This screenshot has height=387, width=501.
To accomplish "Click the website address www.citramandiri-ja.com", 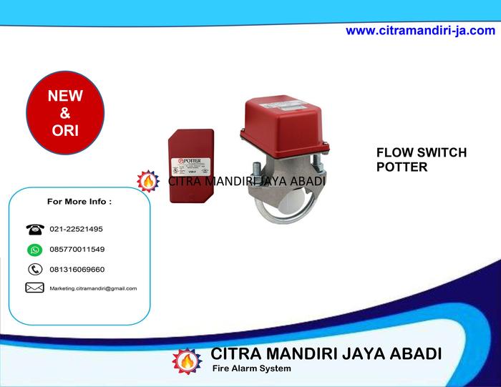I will [x=420, y=31].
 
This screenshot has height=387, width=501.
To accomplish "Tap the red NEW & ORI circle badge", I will [x=65, y=113].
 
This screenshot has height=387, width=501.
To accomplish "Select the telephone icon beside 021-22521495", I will [x=34, y=230].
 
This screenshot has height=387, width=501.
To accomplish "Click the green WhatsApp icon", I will [x=34, y=250].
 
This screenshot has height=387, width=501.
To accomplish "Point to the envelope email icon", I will [x=34, y=288].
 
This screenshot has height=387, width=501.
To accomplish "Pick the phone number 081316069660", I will [x=77, y=270].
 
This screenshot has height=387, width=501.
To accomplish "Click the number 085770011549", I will [x=77, y=250].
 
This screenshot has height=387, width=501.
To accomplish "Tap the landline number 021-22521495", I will [x=76, y=230].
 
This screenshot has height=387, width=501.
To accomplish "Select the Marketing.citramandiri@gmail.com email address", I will [x=93, y=288].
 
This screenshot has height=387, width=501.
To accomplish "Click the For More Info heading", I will [x=79, y=202].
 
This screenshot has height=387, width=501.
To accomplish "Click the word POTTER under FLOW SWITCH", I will [x=402, y=167].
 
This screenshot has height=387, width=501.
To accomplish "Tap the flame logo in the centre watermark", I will [x=148, y=182].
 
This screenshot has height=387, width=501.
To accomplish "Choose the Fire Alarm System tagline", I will [x=251, y=369].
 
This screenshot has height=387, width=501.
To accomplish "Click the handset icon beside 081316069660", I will [x=34, y=270].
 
